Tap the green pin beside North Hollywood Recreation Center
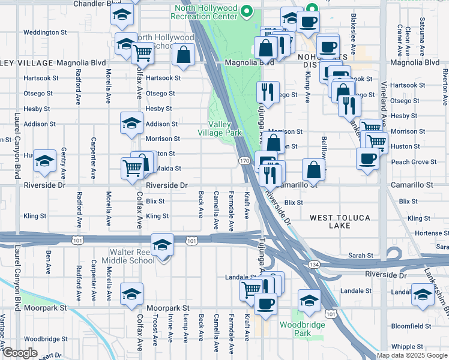(x=246, y=11)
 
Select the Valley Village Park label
(x=220, y=128)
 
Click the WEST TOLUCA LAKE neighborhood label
(x=340, y=221)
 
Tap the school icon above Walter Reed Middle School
(x=162, y=245)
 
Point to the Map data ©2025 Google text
(x=411, y=355)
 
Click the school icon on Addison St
(x=131, y=123)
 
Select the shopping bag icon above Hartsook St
(x=183, y=55)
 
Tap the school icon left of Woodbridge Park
(x=309, y=300)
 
